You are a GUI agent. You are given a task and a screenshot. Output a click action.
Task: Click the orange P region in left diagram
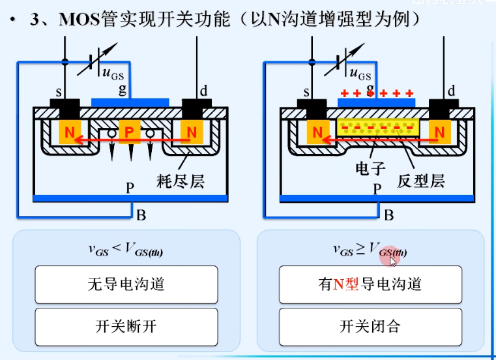[x=129, y=133]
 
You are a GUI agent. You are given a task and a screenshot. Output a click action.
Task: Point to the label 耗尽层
[x=181, y=180]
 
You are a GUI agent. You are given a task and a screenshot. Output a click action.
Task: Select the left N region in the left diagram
[x=68, y=132]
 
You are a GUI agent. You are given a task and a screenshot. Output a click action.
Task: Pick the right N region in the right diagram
[x=439, y=132]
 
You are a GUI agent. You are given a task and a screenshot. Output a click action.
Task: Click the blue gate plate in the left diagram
[x=130, y=102]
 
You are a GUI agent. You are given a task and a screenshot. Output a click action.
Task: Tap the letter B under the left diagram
[x=141, y=214]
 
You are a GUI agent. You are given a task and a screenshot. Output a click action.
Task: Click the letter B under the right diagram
[x=388, y=214]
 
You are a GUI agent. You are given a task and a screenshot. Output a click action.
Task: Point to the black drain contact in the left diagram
[x=194, y=105]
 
